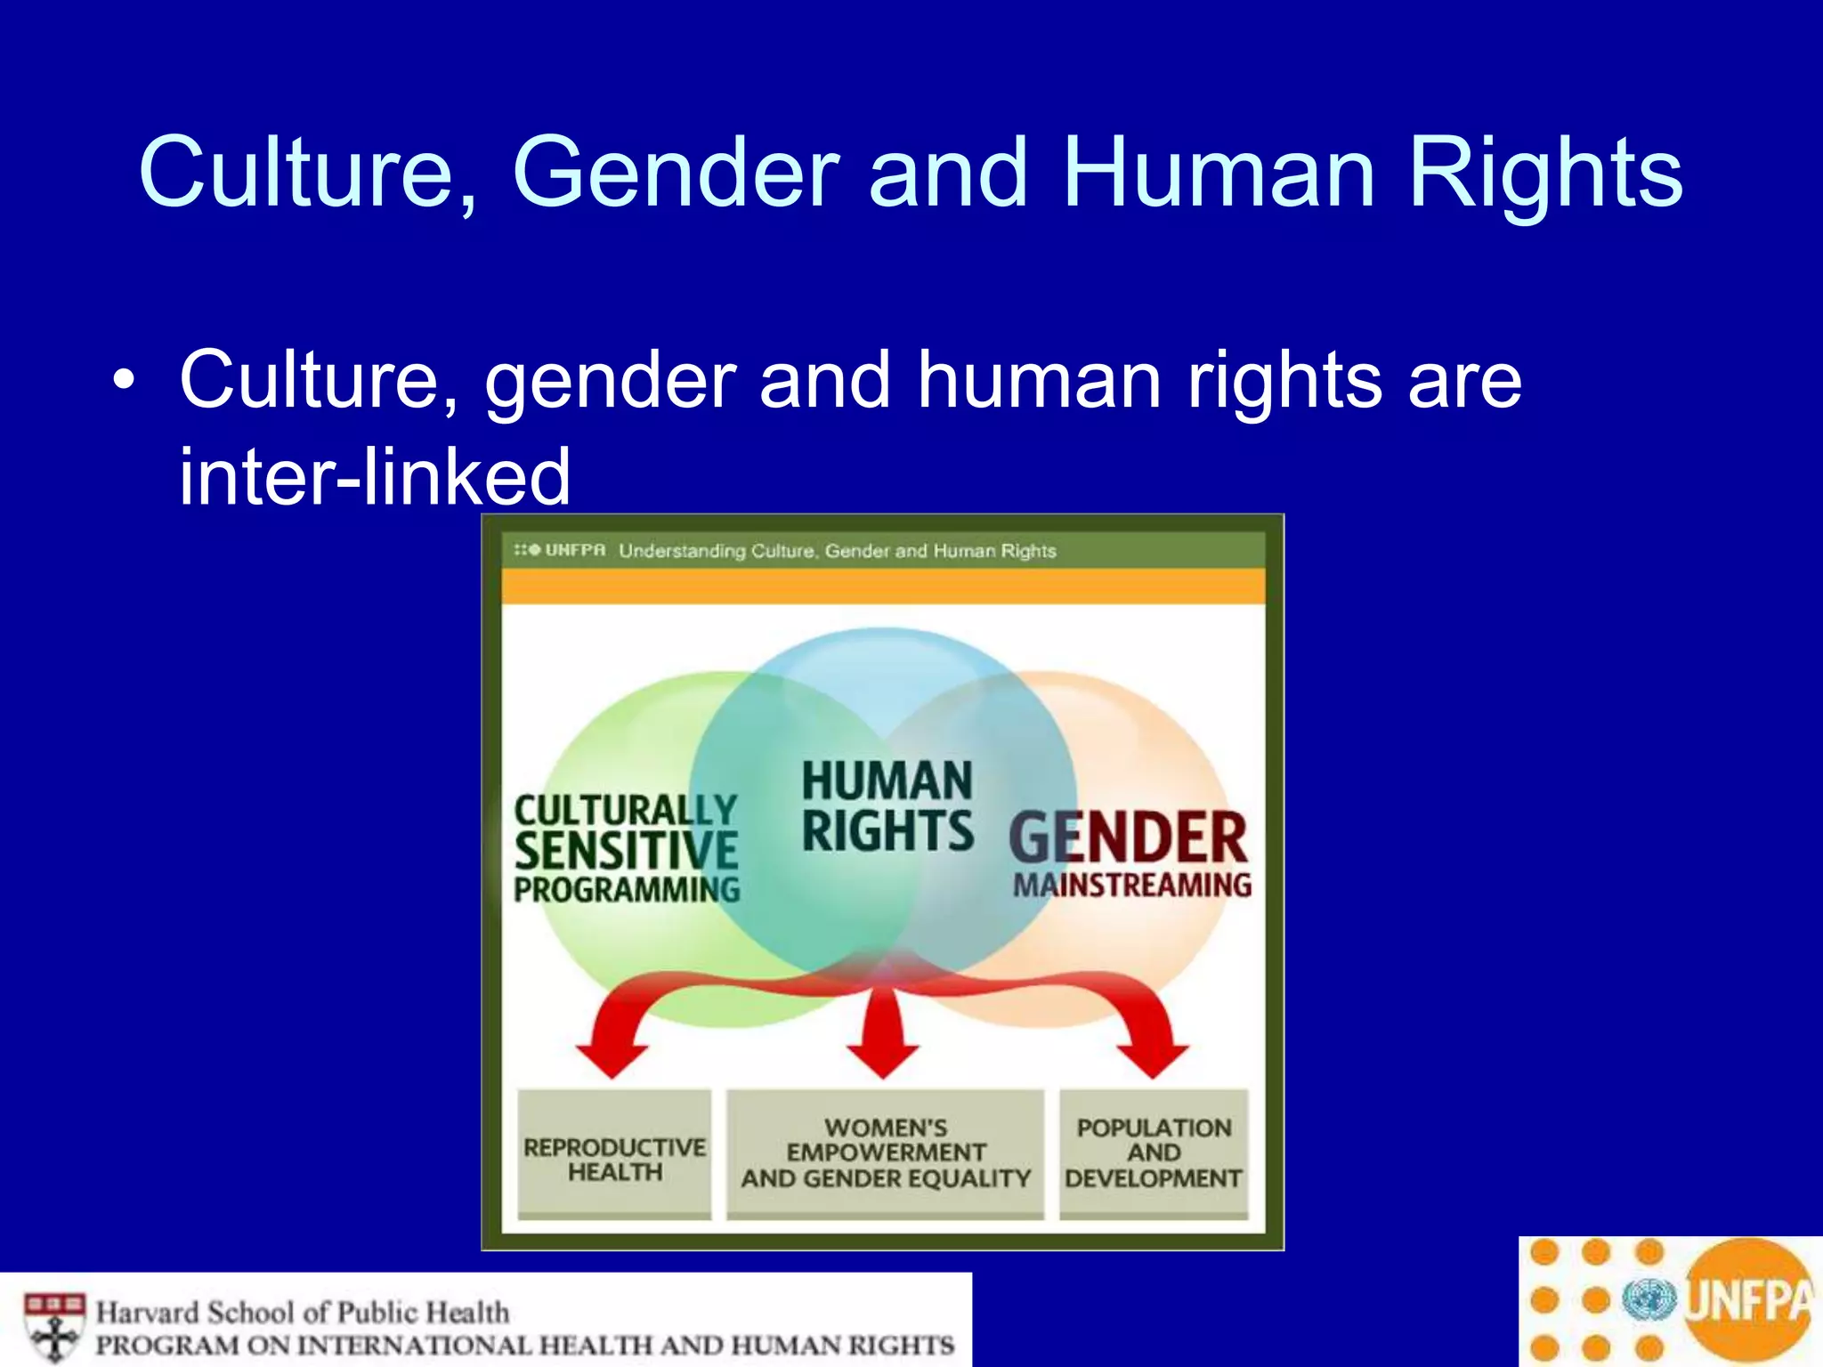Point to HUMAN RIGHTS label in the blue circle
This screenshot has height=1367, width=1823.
coord(887,805)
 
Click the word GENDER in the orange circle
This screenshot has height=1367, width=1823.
coord(1128,838)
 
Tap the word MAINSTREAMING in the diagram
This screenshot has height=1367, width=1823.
coord(1131,886)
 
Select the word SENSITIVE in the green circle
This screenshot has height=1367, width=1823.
coord(626,850)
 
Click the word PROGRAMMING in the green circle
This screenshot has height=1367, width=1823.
coord(627,890)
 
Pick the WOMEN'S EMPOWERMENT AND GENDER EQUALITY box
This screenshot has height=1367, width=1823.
coord(886,1153)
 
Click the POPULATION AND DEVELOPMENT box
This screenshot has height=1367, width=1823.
coord(1154,1153)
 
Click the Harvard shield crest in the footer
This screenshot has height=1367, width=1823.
coord(55,1326)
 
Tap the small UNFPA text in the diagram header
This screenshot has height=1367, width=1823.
coord(574,550)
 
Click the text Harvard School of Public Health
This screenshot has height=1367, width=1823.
coord(303,1312)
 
